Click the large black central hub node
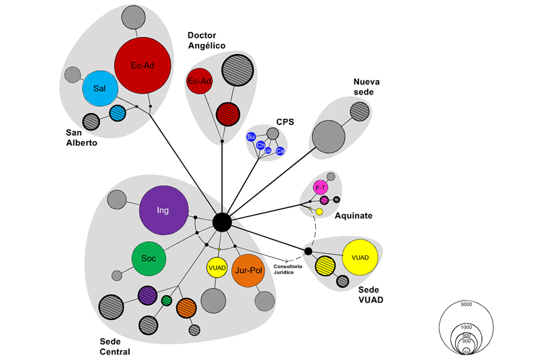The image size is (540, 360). pyautogui.click(x=222, y=222)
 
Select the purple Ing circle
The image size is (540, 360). pyautogui.click(x=163, y=210)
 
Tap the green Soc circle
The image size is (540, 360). pyautogui.click(x=148, y=258)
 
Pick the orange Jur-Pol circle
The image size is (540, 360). pyautogui.click(x=246, y=270)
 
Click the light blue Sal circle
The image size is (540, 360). pyautogui.click(x=100, y=89)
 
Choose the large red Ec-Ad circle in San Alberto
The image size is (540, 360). pyautogui.click(x=142, y=66)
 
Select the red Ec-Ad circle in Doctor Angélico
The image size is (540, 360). pyautogui.click(x=200, y=82)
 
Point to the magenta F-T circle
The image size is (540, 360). pyautogui.click(x=321, y=187)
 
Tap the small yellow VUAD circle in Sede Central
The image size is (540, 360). pyautogui.click(x=217, y=267)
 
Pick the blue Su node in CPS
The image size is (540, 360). pyautogui.click(x=251, y=137)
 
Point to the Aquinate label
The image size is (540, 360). pyautogui.click(x=354, y=216)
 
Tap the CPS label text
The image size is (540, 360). pyautogui.click(x=286, y=122)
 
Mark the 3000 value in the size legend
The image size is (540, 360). pyautogui.click(x=466, y=305)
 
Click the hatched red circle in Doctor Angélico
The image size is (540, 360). pyautogui.click(x=229, y=112)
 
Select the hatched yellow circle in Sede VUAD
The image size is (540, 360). pyautogui.click(x=325, y=265)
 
